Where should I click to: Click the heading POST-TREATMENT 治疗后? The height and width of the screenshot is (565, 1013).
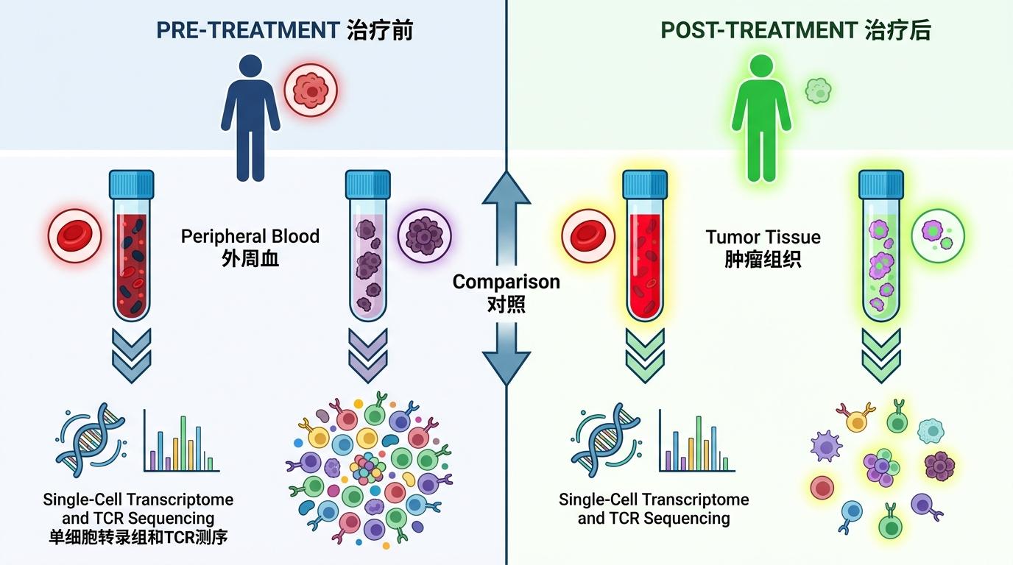796,31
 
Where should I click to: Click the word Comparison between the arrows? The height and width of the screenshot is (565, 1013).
506,282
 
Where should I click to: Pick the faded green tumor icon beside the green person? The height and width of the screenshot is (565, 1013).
818,90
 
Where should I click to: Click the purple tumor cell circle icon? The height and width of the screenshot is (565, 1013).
424,235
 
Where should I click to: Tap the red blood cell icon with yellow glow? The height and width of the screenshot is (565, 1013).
587,235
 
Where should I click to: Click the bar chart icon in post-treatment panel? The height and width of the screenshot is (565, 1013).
696,441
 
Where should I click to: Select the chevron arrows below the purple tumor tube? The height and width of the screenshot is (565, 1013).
368,355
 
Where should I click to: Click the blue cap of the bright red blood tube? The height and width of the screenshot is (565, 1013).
645,184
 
